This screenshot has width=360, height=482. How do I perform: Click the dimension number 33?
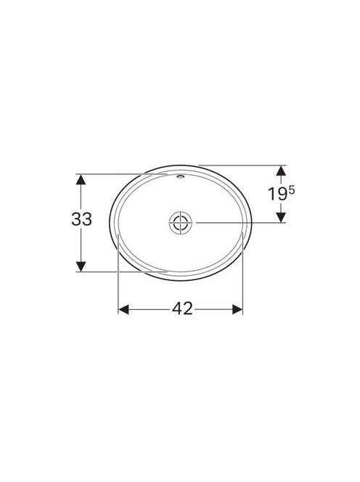(x=81, y=219)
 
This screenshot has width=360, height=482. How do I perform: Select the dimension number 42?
(x=182, y=309)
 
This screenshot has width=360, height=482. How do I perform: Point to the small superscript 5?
(x=292, y=191)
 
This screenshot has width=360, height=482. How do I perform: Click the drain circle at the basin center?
(x=181, y=222)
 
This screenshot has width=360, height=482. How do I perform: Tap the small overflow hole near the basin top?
(x=181, y=176)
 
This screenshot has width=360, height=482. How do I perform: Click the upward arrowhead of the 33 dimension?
(x=81, y=179)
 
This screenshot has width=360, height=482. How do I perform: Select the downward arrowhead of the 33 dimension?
(x=81, y=266)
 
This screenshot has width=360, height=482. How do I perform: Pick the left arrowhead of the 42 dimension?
(x=123, y=309)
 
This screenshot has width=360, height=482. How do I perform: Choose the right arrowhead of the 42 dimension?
(x=237, y=309)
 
